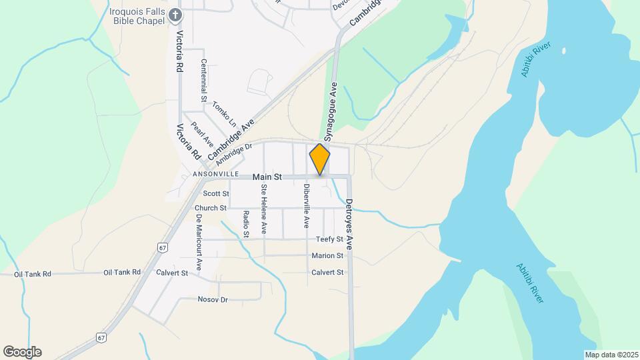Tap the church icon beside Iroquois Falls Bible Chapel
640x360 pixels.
point(175,14)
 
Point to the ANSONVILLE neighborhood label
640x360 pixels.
point(215,174)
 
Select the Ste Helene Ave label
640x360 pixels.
point(264,209)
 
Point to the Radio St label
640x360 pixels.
point(246,224)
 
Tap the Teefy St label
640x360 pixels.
point(330,239)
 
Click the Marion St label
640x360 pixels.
point(327,255)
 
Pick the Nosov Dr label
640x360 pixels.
point(213,299)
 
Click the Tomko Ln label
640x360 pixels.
point(224,115)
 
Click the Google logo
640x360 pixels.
point(22,352)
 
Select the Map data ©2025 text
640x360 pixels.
point(610,354)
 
